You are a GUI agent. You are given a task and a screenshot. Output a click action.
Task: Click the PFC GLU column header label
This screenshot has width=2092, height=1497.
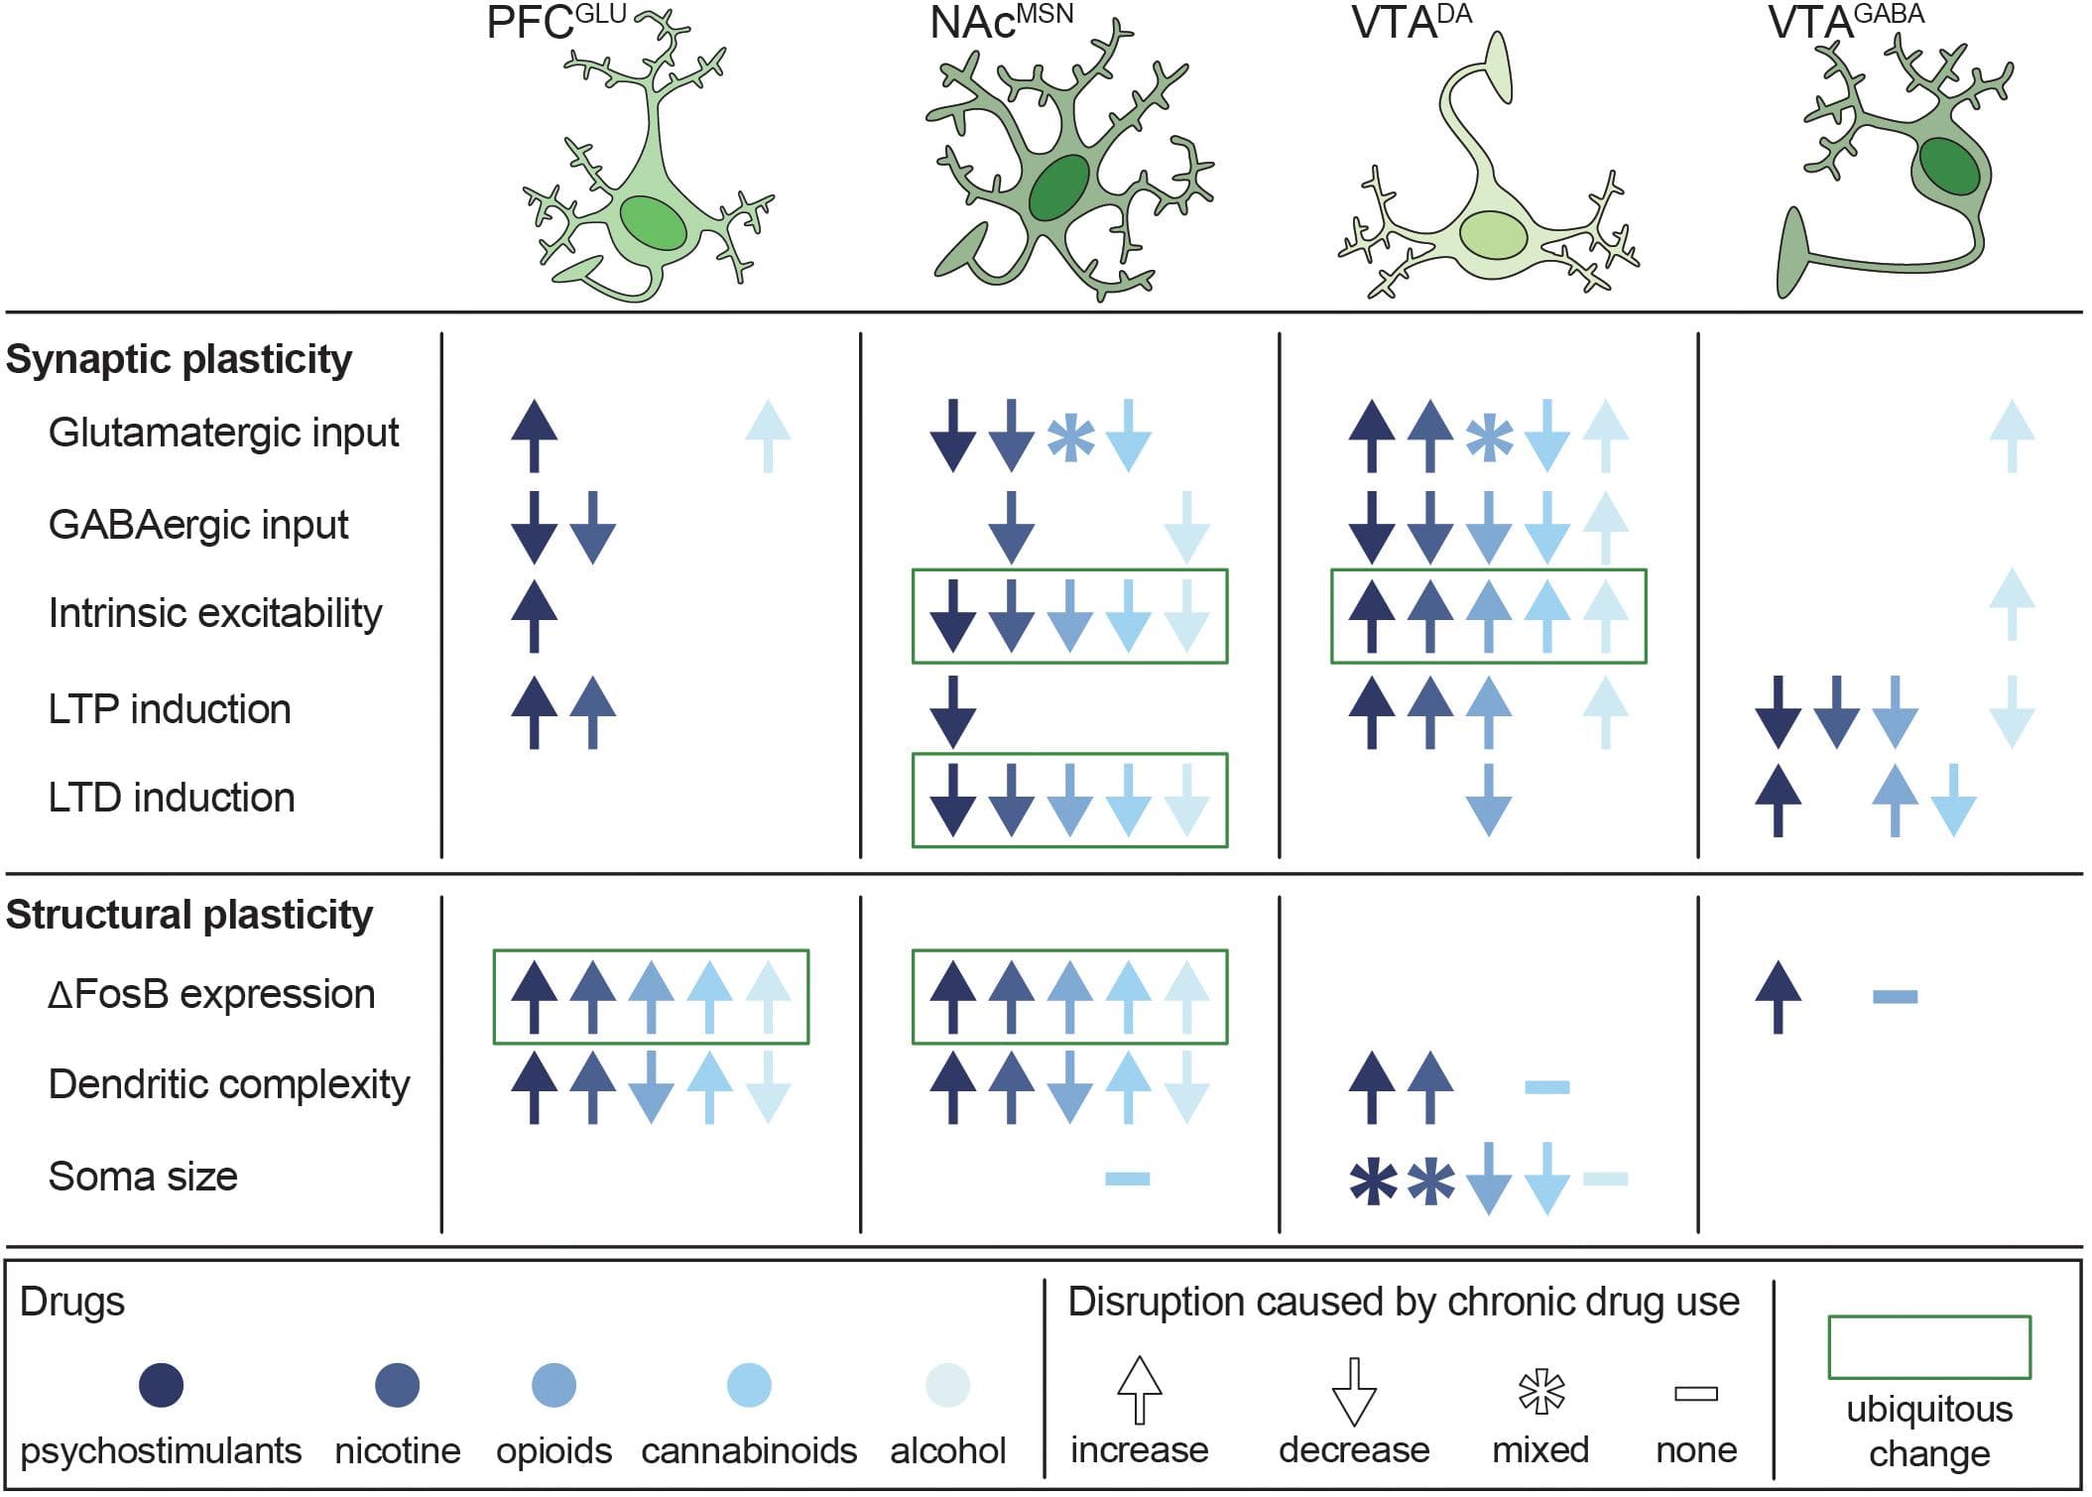point(555,22)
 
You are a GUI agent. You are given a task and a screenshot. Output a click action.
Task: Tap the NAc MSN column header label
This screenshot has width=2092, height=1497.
point(1000,22)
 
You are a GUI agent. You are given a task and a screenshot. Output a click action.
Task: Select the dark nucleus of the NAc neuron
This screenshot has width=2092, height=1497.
point(1059,187)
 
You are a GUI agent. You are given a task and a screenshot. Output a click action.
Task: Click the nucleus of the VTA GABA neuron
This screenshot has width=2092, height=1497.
point(1949,167)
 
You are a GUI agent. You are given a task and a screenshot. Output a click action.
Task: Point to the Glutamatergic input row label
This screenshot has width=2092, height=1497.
point(223,433)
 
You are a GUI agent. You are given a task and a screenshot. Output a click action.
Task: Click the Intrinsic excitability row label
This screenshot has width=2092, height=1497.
point(215,613)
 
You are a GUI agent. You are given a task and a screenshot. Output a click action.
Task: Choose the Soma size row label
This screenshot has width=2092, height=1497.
point(143,1177)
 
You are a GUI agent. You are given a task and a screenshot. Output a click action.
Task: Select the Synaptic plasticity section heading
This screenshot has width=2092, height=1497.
point(179,359)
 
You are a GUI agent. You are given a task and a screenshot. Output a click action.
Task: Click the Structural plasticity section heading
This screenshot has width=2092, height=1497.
point(189,915)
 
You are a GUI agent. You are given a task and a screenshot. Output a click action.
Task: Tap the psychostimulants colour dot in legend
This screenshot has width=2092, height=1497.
point(161,1385)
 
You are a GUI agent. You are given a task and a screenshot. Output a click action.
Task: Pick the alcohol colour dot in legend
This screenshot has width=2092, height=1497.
point(947,1385)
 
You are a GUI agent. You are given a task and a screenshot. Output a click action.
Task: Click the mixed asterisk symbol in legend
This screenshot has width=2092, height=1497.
point(1541,1391)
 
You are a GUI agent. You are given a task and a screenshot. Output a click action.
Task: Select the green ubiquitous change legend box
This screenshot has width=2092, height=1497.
point(1929,1346)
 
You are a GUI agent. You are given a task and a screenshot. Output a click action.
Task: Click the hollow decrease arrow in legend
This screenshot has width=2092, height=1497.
point(1353,1391)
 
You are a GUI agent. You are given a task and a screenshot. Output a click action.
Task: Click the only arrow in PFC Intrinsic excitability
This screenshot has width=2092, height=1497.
point(534,616)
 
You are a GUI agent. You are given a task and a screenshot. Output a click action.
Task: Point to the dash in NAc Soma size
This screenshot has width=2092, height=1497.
point(1128,1179)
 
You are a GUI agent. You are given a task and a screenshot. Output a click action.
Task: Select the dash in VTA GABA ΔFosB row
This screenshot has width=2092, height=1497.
point(1895,996)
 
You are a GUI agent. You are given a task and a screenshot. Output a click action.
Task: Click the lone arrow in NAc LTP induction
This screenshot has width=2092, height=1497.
point(953,711)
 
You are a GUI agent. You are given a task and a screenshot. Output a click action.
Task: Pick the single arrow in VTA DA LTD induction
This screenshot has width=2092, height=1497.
point(1488,801)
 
